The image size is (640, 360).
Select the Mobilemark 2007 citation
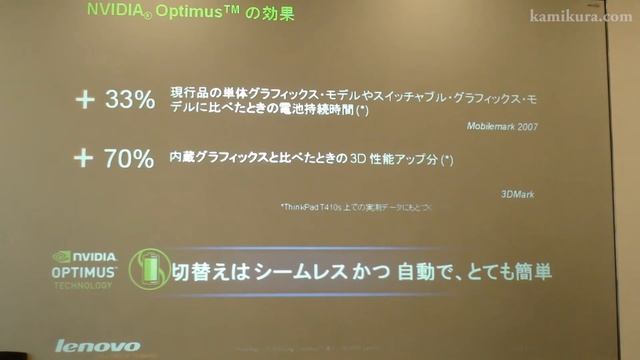501,127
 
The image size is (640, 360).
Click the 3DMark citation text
517,192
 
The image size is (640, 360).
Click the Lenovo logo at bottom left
97,345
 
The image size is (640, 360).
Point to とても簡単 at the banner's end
509,271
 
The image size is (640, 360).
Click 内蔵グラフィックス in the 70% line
215,159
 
